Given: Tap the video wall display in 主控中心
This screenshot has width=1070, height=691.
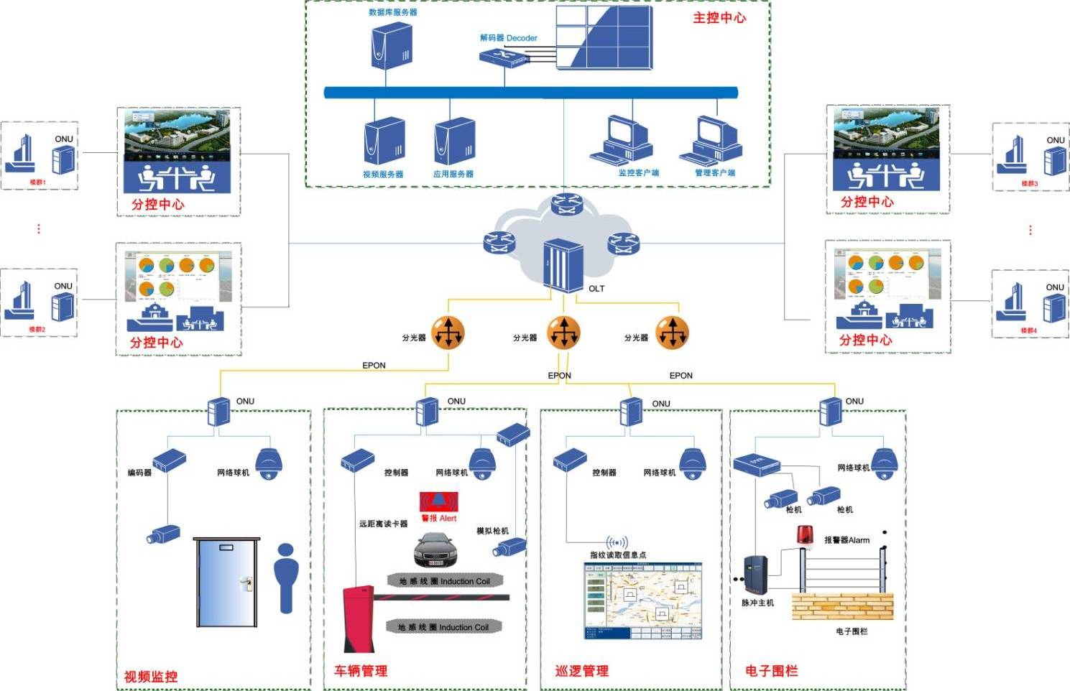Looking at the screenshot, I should [604, 37].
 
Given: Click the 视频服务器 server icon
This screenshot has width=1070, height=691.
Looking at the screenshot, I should [384, 142].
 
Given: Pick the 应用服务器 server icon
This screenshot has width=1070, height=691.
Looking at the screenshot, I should [454, 142].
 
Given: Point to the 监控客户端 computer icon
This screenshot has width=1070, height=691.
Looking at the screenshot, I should [623, 140].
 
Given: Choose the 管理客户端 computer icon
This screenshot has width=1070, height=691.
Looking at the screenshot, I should [711, 140].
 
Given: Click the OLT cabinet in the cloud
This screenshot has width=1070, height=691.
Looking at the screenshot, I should [563, 266].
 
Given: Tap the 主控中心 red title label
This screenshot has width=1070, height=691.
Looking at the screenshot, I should [719, 18].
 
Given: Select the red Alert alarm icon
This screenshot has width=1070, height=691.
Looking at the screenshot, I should [438, 502].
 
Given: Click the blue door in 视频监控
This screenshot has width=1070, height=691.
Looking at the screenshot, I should [226, 583].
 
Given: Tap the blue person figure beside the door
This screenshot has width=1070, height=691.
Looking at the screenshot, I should [286, 578].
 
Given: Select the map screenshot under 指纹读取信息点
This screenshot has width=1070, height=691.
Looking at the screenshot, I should [642, 600].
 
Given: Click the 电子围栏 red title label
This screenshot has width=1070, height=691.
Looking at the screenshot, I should [771, 671].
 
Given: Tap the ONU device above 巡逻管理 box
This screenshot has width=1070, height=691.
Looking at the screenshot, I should [631, 412].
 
